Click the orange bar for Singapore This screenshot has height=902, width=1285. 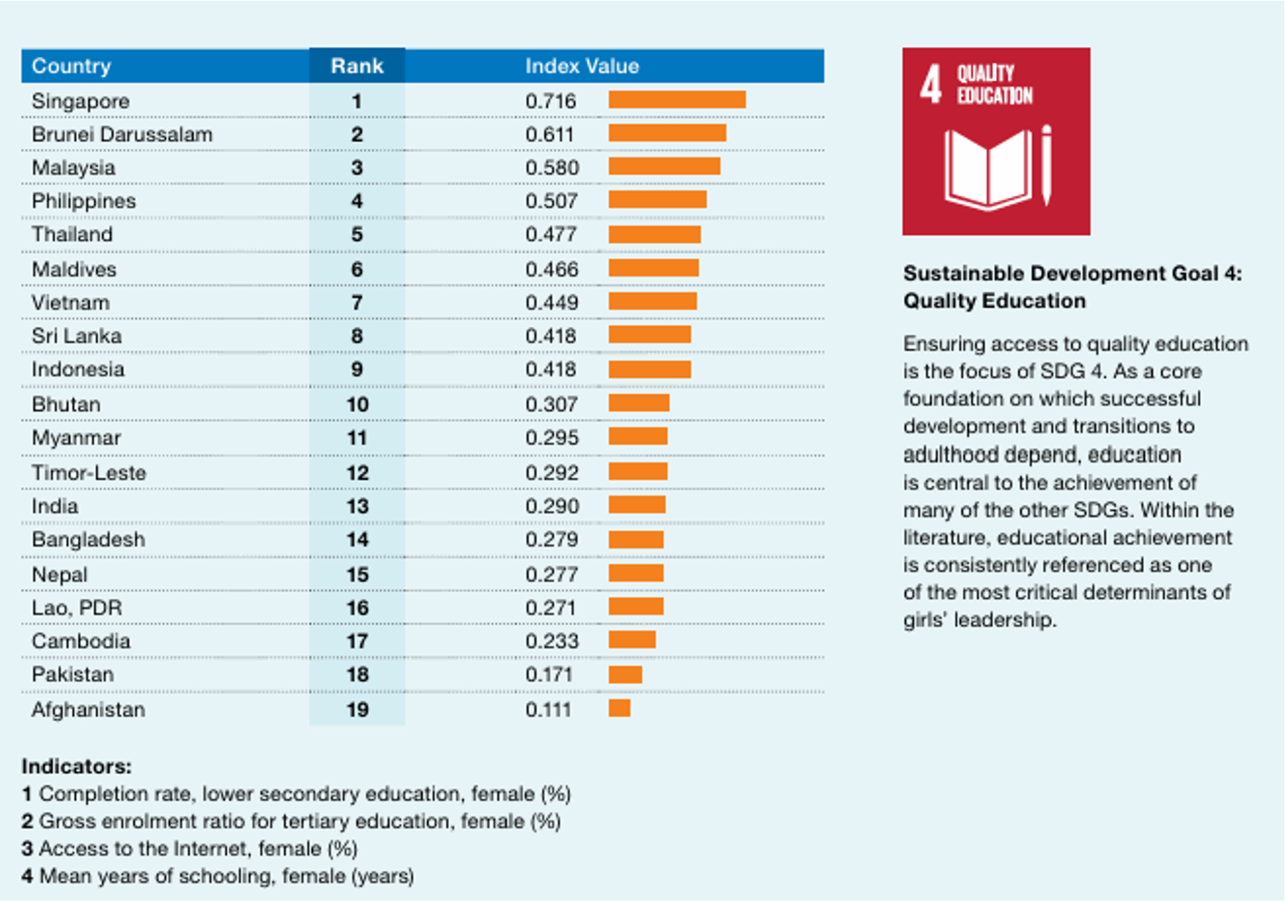[677, 100]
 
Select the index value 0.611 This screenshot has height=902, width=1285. [549, 134]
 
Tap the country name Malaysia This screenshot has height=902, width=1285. [73, 168]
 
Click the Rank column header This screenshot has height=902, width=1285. [357, 66]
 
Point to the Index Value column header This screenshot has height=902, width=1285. [582, 66]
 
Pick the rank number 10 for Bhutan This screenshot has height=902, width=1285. [357, 405]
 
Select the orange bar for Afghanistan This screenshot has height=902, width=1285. [619, 708]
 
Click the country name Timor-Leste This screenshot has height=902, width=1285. [89, 472]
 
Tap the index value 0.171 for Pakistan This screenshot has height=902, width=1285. [549, 675]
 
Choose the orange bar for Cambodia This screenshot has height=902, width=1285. [632, 639]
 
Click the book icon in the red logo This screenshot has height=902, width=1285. [988, 169]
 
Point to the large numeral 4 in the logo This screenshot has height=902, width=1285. [931, 85]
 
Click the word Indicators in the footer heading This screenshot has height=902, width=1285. [76, 766]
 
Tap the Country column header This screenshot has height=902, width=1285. [71, 66]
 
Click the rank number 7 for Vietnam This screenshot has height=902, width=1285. [357, 303]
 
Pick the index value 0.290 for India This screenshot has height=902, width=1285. [552, 506]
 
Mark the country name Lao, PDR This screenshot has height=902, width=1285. [77, 608]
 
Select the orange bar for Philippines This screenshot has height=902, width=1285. [657, 200]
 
